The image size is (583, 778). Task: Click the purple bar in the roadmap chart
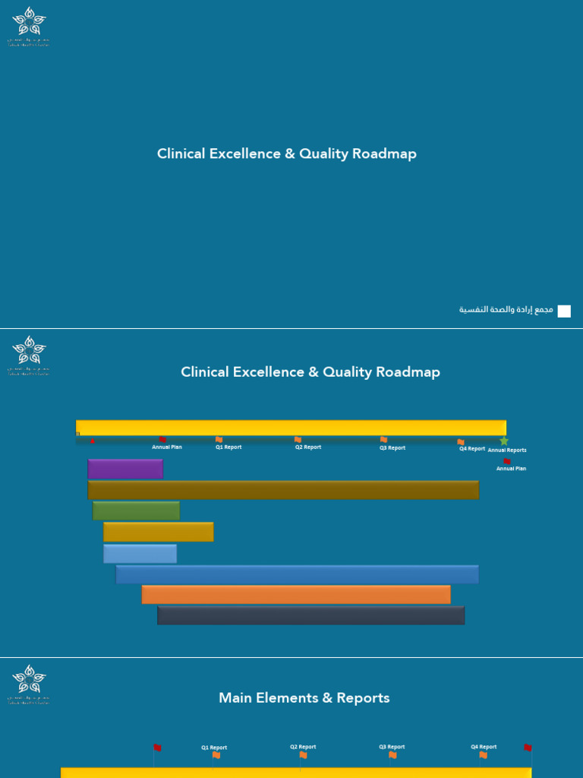coord(125,469)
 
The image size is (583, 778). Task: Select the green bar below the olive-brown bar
coord(136,511)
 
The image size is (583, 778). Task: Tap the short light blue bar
coord(140,554)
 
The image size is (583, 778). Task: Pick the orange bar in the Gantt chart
coord(296,594)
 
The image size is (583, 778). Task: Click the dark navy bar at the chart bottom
coord(310,615)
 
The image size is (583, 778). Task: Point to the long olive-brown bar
coord(283,490)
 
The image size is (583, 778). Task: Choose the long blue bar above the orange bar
coord(297,574)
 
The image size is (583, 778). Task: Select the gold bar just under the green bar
coord(158,532)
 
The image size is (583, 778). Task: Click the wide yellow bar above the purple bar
coord(291,427)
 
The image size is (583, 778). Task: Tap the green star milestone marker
coord(504,441)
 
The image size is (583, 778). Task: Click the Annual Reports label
coord(507,451)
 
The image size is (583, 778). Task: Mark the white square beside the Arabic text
coord(564,311)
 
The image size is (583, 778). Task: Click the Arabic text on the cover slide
coord(506,310)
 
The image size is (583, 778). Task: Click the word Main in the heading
coord(235,697)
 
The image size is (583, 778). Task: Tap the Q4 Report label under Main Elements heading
coord(484,747)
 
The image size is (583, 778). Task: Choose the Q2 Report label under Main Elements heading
coord(303,747)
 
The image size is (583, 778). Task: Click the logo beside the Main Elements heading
coord(29,684)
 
